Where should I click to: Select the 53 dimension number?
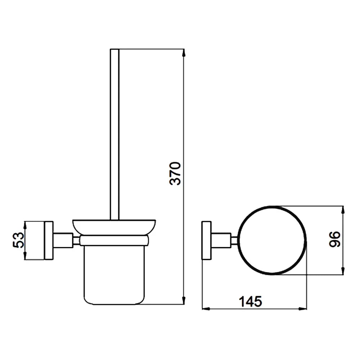18,240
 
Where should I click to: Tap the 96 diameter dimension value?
334,239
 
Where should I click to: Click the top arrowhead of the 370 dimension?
184,53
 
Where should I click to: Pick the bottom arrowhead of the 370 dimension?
184,300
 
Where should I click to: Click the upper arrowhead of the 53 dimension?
25,225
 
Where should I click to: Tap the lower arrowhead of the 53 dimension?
25,256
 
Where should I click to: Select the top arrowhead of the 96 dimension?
343,210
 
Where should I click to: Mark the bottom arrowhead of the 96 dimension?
343,271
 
